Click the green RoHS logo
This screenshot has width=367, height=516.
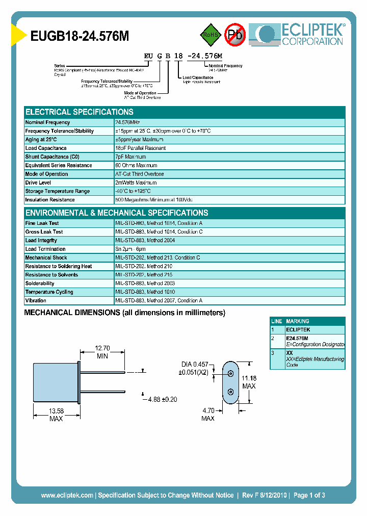(209, 35)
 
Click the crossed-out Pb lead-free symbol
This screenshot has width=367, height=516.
(235, 35)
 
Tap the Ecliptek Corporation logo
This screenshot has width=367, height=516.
(301, 34)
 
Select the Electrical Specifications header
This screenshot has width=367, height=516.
(80, 112)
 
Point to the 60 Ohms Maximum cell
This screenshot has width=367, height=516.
(136, 165)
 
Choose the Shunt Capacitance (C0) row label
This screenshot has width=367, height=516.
(53, 157)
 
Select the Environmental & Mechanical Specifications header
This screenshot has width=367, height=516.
(117, 213)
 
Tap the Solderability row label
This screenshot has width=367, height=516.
(40, 283)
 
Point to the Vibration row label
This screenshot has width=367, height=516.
(36, 301)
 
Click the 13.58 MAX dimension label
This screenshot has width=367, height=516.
(56, 414)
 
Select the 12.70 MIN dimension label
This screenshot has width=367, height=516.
(102, 352)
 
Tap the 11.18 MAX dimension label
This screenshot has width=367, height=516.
(249, 381)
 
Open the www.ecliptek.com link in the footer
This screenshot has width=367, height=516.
(67, 495)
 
